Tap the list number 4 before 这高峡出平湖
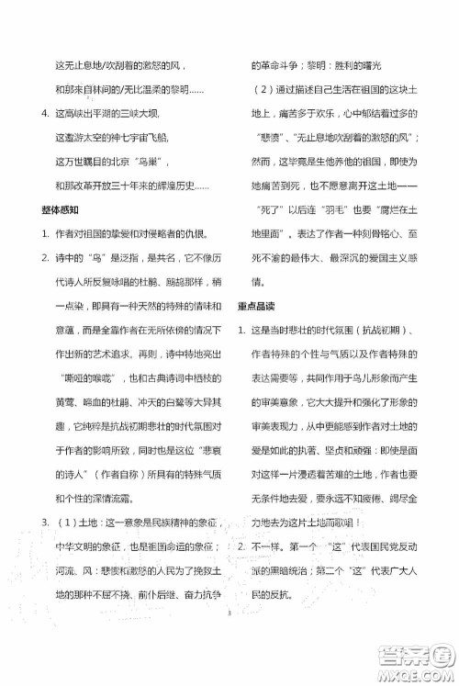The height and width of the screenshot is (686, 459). (33, 113)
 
